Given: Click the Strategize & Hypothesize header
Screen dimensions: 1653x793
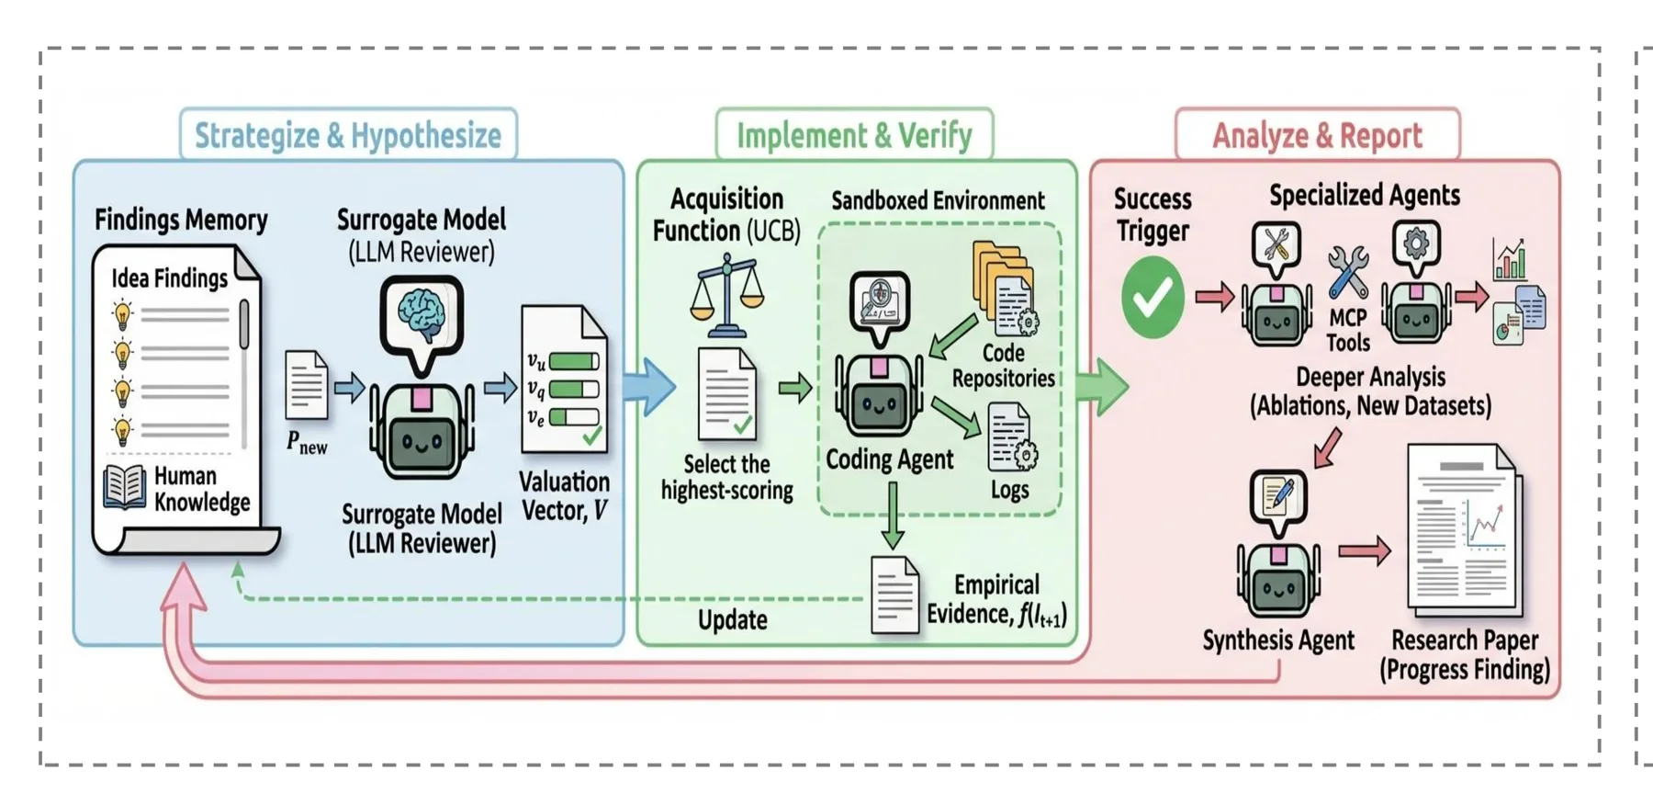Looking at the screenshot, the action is point(348,135).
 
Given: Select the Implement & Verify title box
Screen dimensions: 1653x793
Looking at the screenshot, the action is point(854,135).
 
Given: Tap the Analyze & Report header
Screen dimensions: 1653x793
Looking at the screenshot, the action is point(1317,135).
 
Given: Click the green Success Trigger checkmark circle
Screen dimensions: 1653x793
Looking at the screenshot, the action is point(1153,296).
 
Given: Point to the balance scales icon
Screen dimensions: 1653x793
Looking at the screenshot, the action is point(727,296).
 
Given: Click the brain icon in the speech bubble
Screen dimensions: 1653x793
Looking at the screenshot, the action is point(422,312).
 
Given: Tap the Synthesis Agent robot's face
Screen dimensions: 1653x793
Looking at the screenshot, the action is point(1278,588).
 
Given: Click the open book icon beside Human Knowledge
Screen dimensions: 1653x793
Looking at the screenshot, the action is point(125,486).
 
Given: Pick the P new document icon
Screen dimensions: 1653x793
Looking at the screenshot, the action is point(306,386).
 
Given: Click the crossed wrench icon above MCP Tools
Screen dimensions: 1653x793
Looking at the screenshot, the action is point(1347,271).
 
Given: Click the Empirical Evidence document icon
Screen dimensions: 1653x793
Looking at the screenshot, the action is point(894,595).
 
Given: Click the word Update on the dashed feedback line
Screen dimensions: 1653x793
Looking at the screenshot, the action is point(732,619).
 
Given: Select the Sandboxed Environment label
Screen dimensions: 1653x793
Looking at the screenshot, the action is point(938,200).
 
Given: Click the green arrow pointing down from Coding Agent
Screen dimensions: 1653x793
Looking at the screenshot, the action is point(892,515).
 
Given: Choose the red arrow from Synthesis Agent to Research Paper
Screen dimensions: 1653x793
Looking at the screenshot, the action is point(1365,550).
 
